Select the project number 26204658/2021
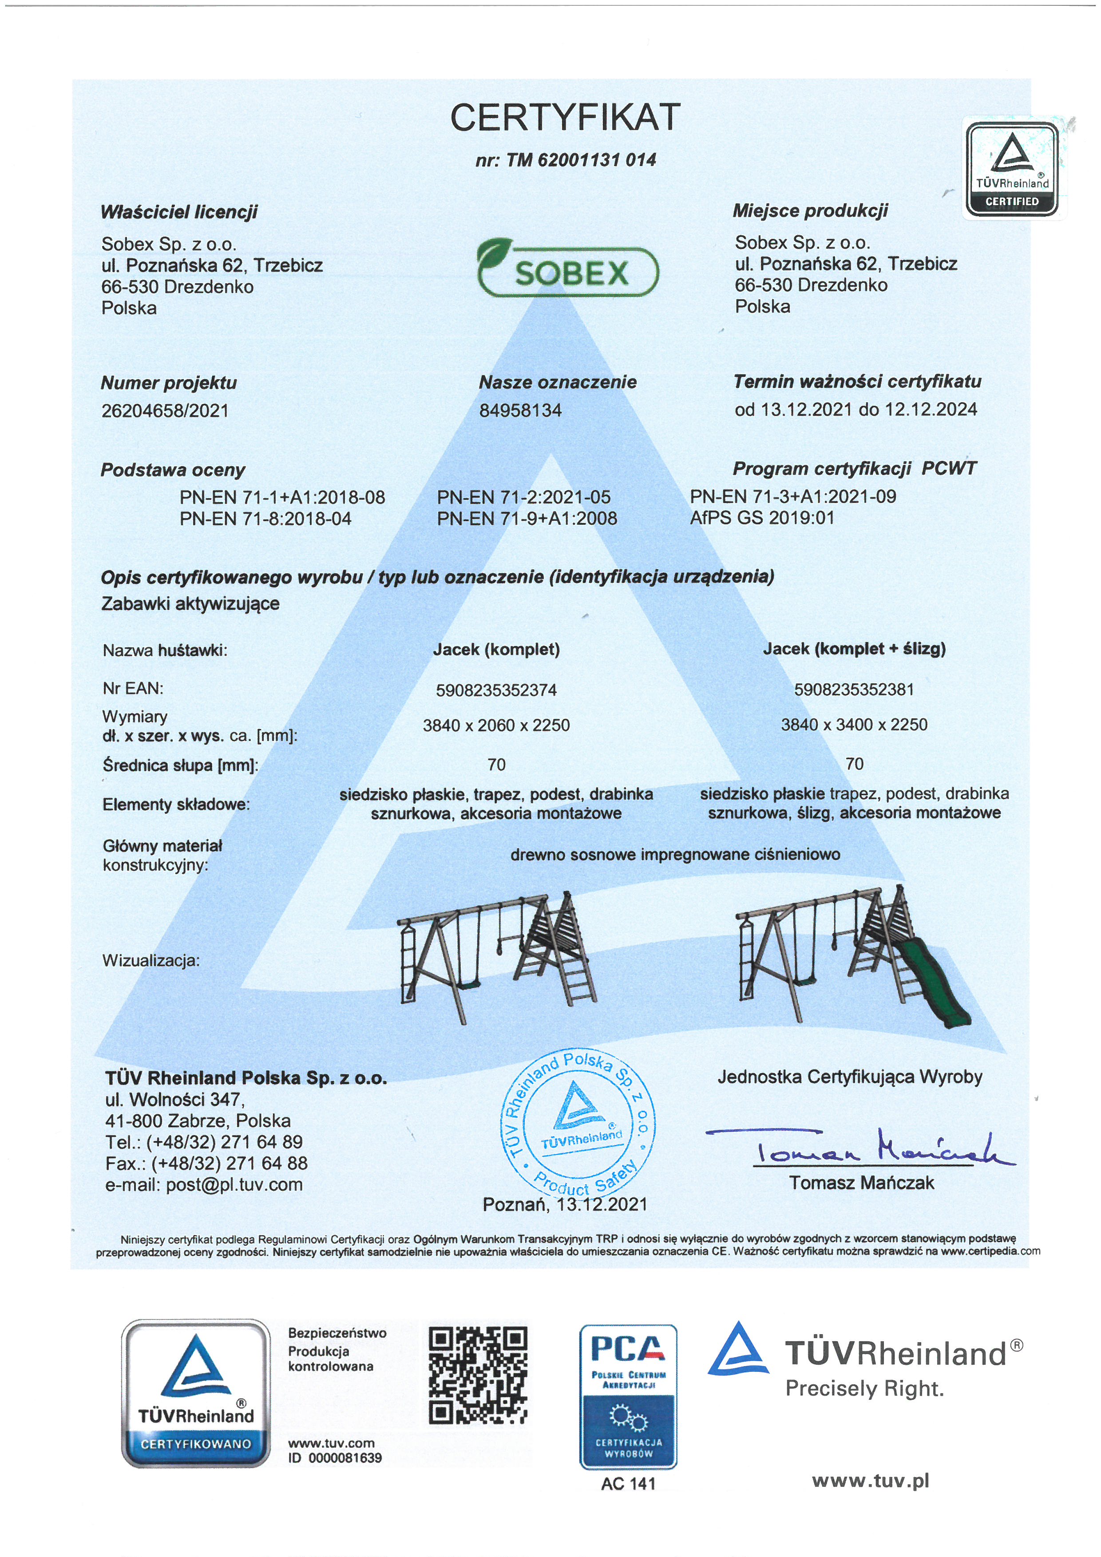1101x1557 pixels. (x=165, y=411)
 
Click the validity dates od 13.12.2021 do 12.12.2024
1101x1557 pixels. (x=855, y=410)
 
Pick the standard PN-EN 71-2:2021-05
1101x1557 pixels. (x=523, y=497)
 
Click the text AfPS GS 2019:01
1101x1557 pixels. (x=762, y=518)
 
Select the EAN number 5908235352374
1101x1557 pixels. (x=496, y=690)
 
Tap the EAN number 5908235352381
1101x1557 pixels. (x=854, y=689)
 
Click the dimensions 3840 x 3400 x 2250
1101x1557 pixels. (x=854, y=725)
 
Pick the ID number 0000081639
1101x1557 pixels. (x=345, y=1458)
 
